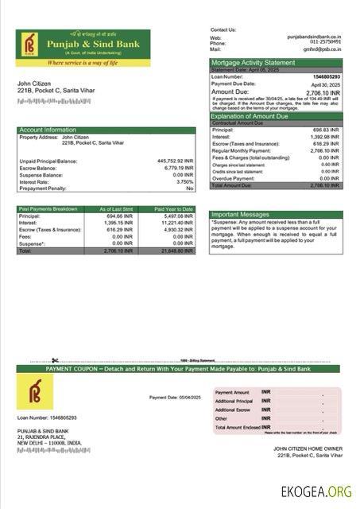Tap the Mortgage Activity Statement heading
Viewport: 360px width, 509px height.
(252, 62)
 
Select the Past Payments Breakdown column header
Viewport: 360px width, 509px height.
(48, 209)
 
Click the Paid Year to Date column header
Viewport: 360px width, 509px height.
(174, 209)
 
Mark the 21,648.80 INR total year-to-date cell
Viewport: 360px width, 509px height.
(177, 251)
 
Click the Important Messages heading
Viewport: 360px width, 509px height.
(242, 214)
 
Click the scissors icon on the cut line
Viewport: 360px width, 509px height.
(56, 360)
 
